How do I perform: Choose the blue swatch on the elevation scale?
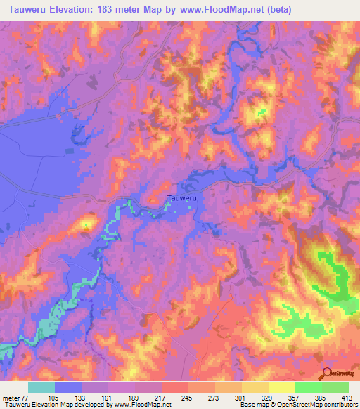pyautogui.click(x=67, y=387)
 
